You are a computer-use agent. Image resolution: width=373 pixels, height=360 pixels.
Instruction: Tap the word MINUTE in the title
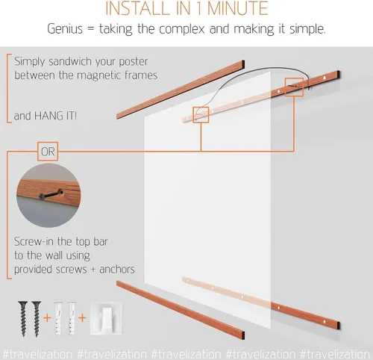point(237,8)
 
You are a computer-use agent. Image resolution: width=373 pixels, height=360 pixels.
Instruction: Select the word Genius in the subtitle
point(65,29)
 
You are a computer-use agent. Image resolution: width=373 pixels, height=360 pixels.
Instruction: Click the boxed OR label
point(48,152)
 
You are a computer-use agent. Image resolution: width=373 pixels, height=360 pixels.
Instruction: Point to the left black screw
point(23,319)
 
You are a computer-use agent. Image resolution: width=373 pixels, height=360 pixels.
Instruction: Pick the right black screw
point(37,319)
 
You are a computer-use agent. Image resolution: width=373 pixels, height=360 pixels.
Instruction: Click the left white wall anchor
point(58,319)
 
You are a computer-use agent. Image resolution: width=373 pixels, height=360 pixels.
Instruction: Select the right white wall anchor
point(72,319)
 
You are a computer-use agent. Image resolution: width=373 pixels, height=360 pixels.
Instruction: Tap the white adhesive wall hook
point(106,318)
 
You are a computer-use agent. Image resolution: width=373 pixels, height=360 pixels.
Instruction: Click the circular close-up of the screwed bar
point(48,196)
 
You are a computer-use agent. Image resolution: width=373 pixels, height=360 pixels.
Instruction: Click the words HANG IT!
point(55,116)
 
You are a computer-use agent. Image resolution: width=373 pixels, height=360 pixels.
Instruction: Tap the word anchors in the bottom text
point(117,270)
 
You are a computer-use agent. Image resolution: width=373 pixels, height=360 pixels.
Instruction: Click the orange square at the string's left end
point(201,115)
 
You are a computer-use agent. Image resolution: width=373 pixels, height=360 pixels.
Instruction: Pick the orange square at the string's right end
point(294,87)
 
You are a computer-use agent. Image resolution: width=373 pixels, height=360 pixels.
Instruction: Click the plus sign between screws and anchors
point(47,318)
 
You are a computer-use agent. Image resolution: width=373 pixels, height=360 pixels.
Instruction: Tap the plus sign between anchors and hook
point(82,318)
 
